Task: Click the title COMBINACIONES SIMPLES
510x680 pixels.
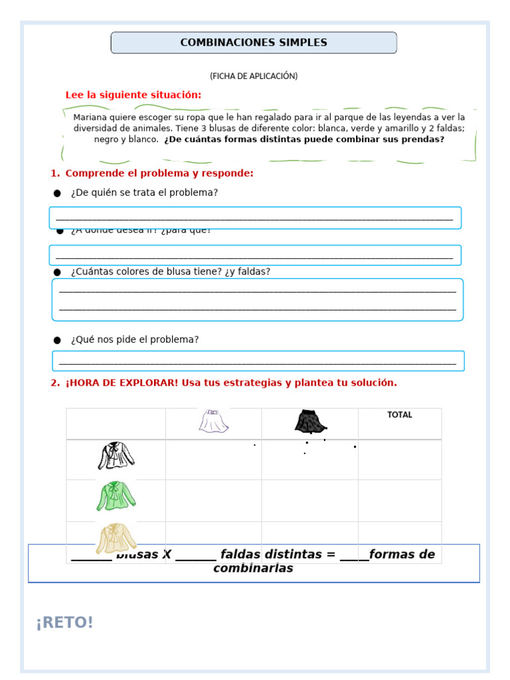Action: point(254,42)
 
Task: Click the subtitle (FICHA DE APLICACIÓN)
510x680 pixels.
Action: point(254,76)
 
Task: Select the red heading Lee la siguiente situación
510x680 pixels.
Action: point(133,95)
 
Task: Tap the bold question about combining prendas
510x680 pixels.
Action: point(304,139)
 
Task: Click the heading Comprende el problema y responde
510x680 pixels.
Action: point(159,173)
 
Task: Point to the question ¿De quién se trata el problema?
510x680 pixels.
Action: point(144,193)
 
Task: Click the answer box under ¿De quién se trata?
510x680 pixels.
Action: point(255,218)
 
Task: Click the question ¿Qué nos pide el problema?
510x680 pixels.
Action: point(135,339)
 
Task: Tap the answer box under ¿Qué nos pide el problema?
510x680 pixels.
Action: point(258,361)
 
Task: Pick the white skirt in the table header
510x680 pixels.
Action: point(213,421)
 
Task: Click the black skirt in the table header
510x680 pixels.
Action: point(309,421)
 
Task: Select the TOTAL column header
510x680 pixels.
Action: point(400,414)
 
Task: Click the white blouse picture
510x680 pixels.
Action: point(116,456)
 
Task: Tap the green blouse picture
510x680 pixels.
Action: point(116,497)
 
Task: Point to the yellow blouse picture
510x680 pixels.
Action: point(116,538)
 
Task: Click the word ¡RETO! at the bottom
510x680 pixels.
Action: point(64,623)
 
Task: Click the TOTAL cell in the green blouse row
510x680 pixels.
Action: point(400,500)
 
